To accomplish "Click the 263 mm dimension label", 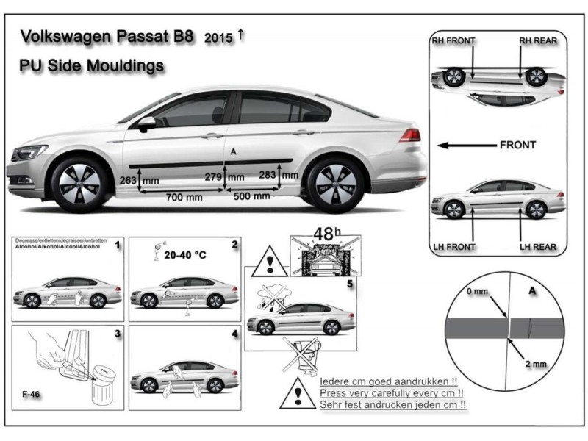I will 138,180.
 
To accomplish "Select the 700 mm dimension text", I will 183,197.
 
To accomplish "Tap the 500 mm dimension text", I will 251,196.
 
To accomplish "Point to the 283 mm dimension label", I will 279,175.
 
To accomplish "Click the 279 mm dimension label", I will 224,177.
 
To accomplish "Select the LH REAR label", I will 538,246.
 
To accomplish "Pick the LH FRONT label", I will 454,246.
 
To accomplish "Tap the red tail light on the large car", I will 409,135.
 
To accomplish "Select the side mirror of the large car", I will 146,123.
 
